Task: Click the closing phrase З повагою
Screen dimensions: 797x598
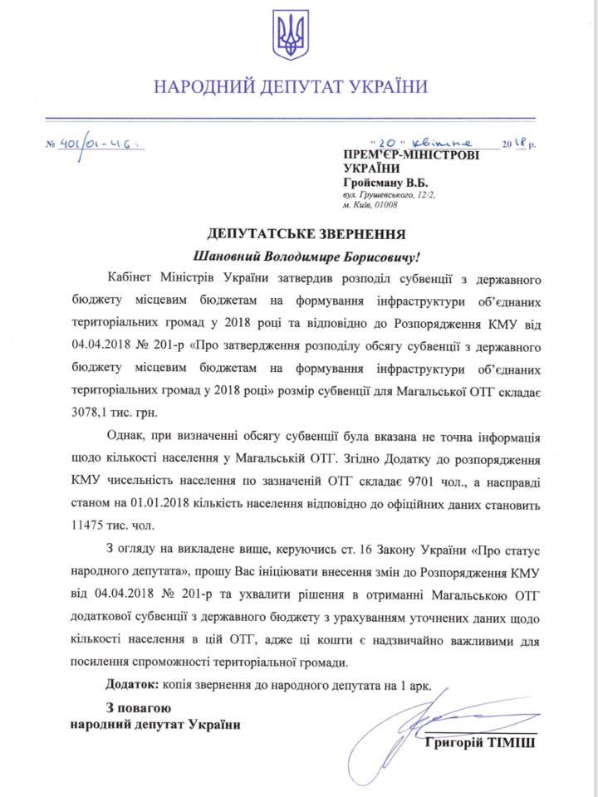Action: click(x=138, y=707)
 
